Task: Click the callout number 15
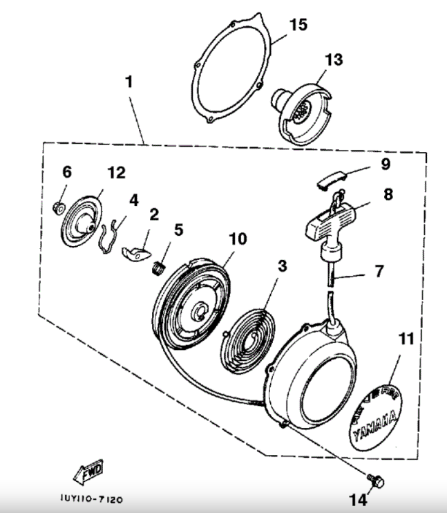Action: pyautogui.click(x=298, y=25)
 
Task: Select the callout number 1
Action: pyautogui.click(x=129, y=82)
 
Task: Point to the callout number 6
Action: pyautogui.click(x=67, y=171)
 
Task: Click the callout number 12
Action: pyautogui.click(x=116, y=173)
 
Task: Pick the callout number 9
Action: pyautogui.click(x=385, y=164)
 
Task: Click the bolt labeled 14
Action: pyautogui.click(x=376, y=480)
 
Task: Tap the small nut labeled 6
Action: pyautogui.click(x=59, y=205)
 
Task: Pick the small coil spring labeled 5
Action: pyautogui.click(x=159, y=265)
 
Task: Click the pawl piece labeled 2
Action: pyautogui.click(x=138, y=250)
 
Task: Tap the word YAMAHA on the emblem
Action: pyautogui.click(x=374, y=423)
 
